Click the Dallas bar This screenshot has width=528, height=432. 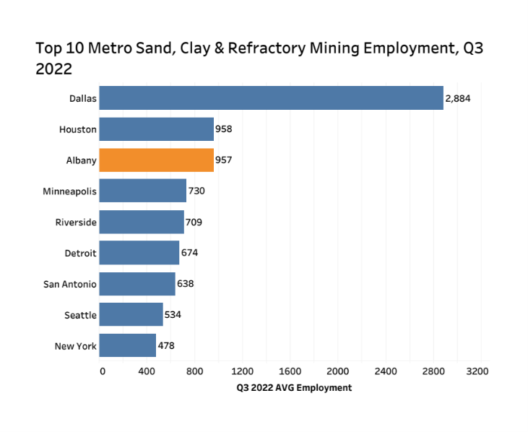[x=271, y=98]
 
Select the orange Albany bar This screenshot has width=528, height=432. [x=156, y=160]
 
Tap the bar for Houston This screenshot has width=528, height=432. [x=156, y=129]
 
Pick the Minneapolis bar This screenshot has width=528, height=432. [x=142, y=191]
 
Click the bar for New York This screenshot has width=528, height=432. [x=127, y=345]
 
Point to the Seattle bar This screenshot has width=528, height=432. [x=131, y=314]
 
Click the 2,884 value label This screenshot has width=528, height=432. [x=458, y=98]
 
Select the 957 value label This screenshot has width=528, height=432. [x=223, y=160]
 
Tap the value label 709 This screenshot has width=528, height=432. [x=193, y=222]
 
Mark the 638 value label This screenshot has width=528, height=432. [x=185, y=284]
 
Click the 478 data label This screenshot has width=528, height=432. [x=166, y=345]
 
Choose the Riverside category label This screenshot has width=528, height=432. [x=76, y=222]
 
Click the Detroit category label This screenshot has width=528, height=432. [x=80, y=253]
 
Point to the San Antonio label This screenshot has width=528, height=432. [x=70, y=284]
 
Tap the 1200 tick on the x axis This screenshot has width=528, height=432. [x=242, y=371]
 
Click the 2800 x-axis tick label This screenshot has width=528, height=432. [x=430, y=371]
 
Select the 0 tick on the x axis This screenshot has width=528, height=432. [x=102, y=371]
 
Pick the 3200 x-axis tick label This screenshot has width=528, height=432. [x=478, y=371]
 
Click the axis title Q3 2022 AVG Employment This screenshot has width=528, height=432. [x=294, y=388]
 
